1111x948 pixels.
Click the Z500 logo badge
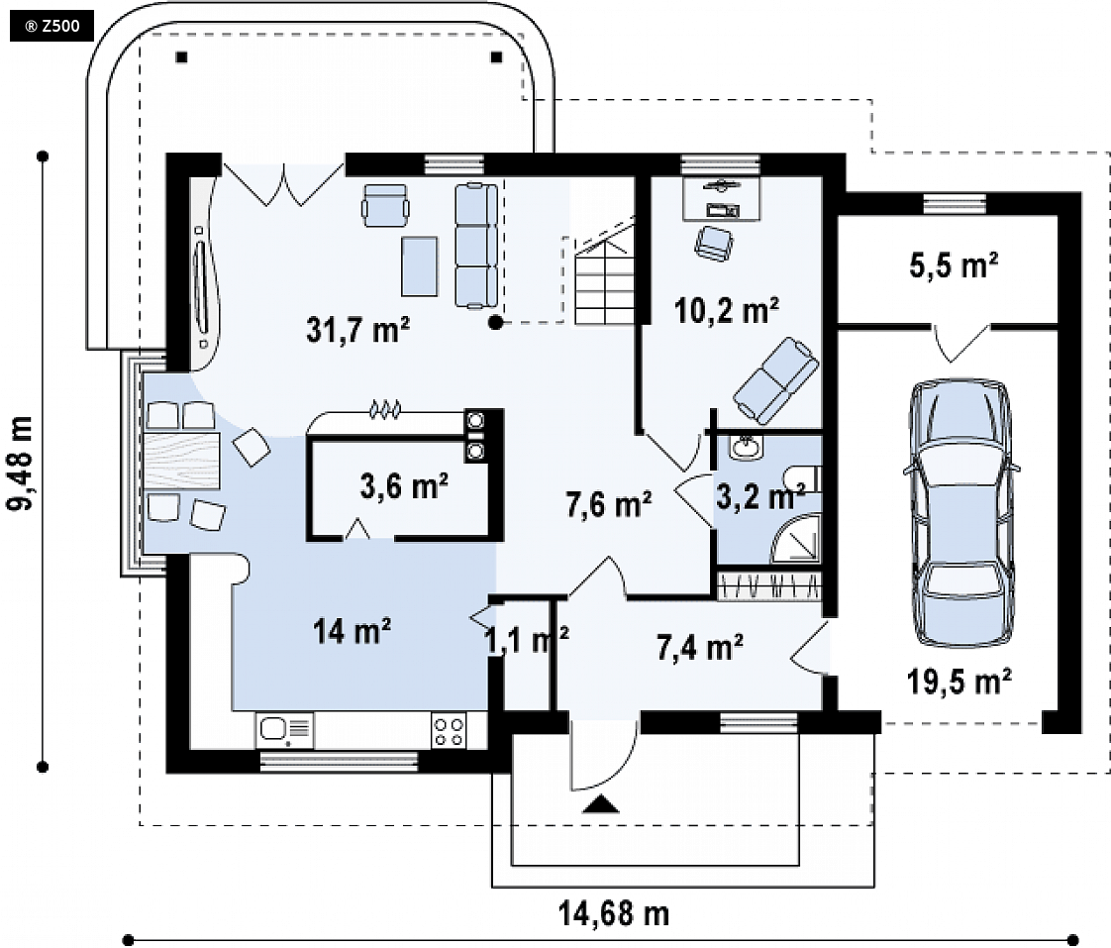pos(51,27)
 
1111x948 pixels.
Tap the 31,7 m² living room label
pos(357,330)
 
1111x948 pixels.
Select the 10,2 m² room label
pos(726,311)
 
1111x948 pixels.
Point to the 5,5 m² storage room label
pos(954,265)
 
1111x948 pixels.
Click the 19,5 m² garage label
pos(959,682)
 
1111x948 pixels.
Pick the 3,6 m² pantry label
pos(404,486)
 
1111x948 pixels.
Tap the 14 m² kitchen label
pos(353,631)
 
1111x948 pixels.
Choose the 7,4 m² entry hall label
pos(700,648)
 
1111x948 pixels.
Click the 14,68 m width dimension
pos(614,913)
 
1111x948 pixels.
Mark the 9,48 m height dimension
pos(20,463)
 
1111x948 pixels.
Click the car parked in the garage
pos(960,513)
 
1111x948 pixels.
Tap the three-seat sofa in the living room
pos(476,246)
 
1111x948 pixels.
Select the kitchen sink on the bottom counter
pos(284,730)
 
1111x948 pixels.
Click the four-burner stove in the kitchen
pos(449,731)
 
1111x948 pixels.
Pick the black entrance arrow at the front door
pos(601,804)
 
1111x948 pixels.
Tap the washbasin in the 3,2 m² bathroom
pos(745,447)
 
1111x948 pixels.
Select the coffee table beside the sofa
pos(420,266)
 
